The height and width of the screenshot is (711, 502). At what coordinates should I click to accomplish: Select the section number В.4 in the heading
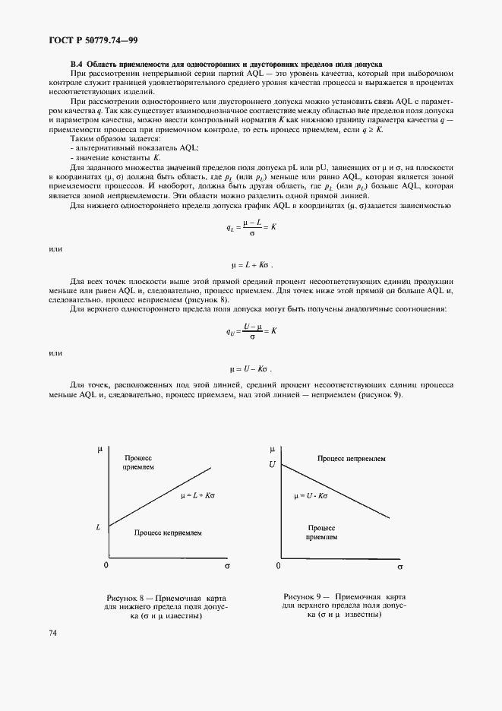(76, 64)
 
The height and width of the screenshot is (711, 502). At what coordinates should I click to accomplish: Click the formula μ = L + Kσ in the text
(251, 265)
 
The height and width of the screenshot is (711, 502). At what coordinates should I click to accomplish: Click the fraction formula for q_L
(251, 226)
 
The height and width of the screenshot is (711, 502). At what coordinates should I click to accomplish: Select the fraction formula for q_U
(251, 330)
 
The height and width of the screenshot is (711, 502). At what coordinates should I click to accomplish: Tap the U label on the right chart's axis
(271, 463)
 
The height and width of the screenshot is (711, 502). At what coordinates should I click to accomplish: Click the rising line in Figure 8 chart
(159, 496)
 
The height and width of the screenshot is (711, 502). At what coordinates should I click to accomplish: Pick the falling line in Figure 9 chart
(334, 490)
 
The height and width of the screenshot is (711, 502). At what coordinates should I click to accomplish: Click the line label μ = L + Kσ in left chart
(199, 495)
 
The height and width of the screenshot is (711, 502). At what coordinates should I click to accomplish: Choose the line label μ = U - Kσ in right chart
(311, 495)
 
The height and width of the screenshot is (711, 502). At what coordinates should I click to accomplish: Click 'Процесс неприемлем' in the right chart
(352, 459)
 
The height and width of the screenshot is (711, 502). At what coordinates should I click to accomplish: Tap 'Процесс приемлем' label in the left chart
(138, 464)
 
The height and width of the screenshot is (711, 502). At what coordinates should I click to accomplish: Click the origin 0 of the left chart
(106, 566)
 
